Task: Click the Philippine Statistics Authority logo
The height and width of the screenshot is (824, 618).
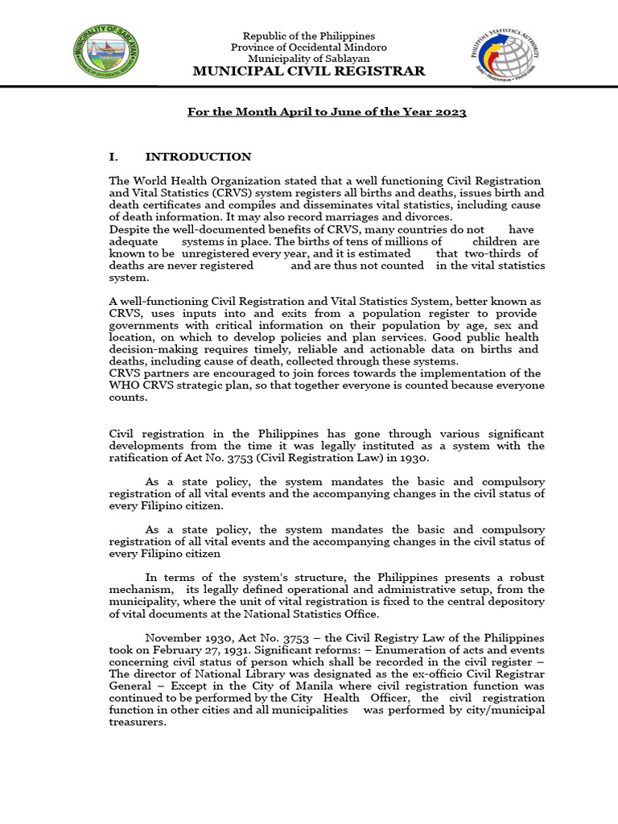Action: click(x=506, y=55)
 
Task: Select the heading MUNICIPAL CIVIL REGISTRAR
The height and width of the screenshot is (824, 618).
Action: click(x=310, y=72)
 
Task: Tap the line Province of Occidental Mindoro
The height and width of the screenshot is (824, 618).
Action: click(x=310, y=47)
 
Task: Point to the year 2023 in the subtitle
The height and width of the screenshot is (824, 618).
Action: click(x=451, y=112)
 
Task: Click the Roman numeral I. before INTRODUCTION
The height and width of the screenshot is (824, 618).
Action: click(x=113, y=157)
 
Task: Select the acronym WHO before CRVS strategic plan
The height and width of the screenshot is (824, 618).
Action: click(x=123, y=385)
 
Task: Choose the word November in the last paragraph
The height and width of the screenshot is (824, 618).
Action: click(x=172, y=638)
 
